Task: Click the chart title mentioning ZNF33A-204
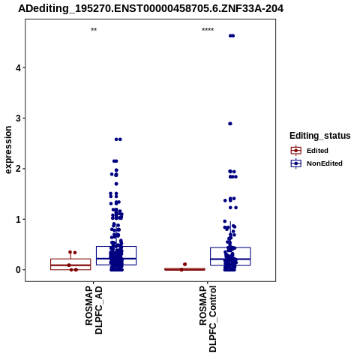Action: click(151, 9)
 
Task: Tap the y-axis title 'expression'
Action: click(8, 150)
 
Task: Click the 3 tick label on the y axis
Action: click(19, 118)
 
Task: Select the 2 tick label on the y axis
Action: click(19, 169)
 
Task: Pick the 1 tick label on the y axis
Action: click(19, 219)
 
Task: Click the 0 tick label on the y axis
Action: click(19, 270)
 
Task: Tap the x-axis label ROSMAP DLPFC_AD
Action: click(94, 310)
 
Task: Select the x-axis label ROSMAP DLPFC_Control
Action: click(208, 319)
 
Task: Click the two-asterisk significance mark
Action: click(94, 29)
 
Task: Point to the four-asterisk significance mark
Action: click(208, 29)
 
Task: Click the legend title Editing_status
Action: click(320, 136)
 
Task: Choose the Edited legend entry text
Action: click(317, 151)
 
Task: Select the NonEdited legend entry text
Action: click(325, 163)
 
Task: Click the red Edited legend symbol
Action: click(296, 151)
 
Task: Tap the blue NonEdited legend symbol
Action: click(296, 163)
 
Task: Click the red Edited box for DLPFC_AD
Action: click(70, 264)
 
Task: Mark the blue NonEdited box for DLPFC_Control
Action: click(230, 256)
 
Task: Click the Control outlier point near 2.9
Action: click(230, 124)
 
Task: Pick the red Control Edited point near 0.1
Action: click(184, 264)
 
